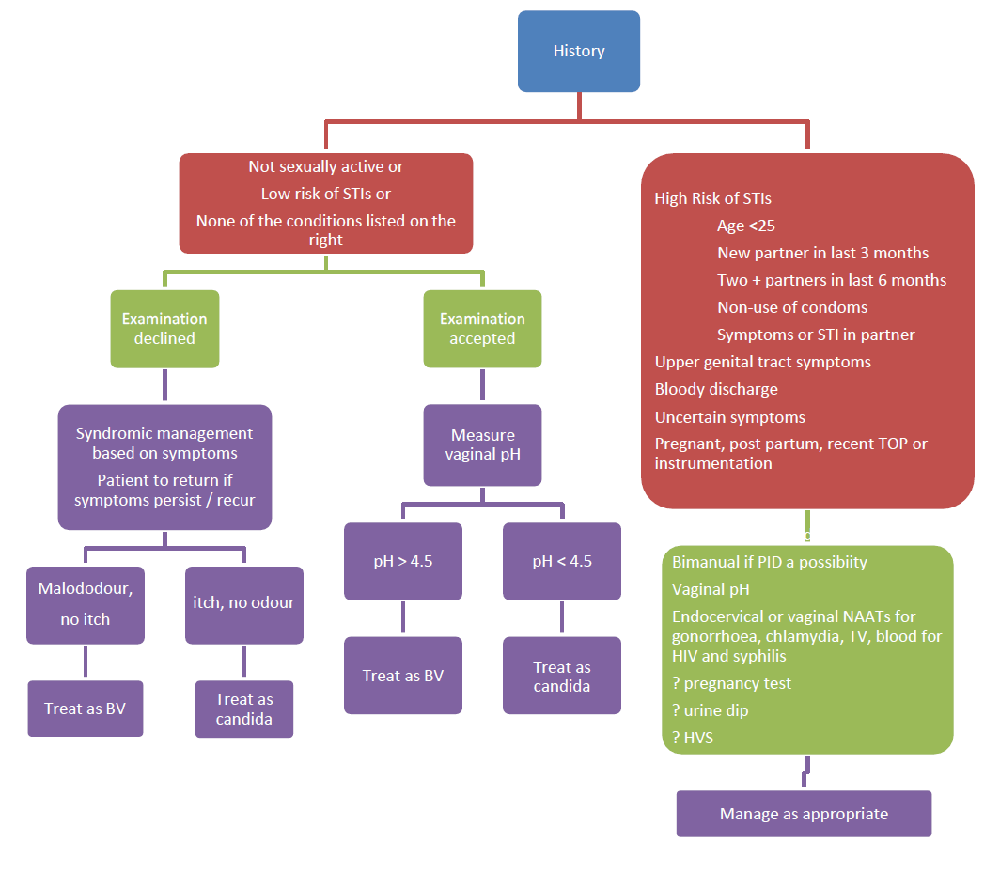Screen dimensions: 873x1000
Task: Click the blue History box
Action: [x=578, y=52]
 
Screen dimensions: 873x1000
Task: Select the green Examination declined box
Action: [x=164, y=328]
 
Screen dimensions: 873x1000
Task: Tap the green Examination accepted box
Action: [x=482, y=328]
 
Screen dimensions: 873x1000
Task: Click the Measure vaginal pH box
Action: [x=482, y=444]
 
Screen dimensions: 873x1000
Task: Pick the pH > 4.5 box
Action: [x=402, y=561]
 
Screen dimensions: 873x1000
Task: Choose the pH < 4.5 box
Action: [x=561, y=561]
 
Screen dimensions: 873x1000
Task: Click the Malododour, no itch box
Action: [x=86, y=605]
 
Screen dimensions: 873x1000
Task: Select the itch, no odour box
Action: [x=243, y=605]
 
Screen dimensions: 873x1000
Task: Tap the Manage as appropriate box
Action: [x=804, y=814]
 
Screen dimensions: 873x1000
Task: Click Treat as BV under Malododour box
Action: [x=86, y=708]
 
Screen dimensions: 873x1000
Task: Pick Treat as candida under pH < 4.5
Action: [x=561, y=676]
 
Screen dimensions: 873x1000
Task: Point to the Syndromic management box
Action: [x=164, y=467]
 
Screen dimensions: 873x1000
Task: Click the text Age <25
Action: [x=745, y=226]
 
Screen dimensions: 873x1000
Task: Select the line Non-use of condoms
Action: [x=791, y=307]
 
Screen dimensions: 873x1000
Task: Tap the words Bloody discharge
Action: [x=715, y=389]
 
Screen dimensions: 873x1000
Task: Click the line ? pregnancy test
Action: [x=731, y=683]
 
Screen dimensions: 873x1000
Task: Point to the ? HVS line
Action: [x=693, y=738]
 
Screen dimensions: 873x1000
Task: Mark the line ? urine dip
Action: [x=711, y=710]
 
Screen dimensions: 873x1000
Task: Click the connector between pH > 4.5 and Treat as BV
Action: [x=402, y=618]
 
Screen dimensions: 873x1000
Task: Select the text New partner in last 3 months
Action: [x=822, y=253]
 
